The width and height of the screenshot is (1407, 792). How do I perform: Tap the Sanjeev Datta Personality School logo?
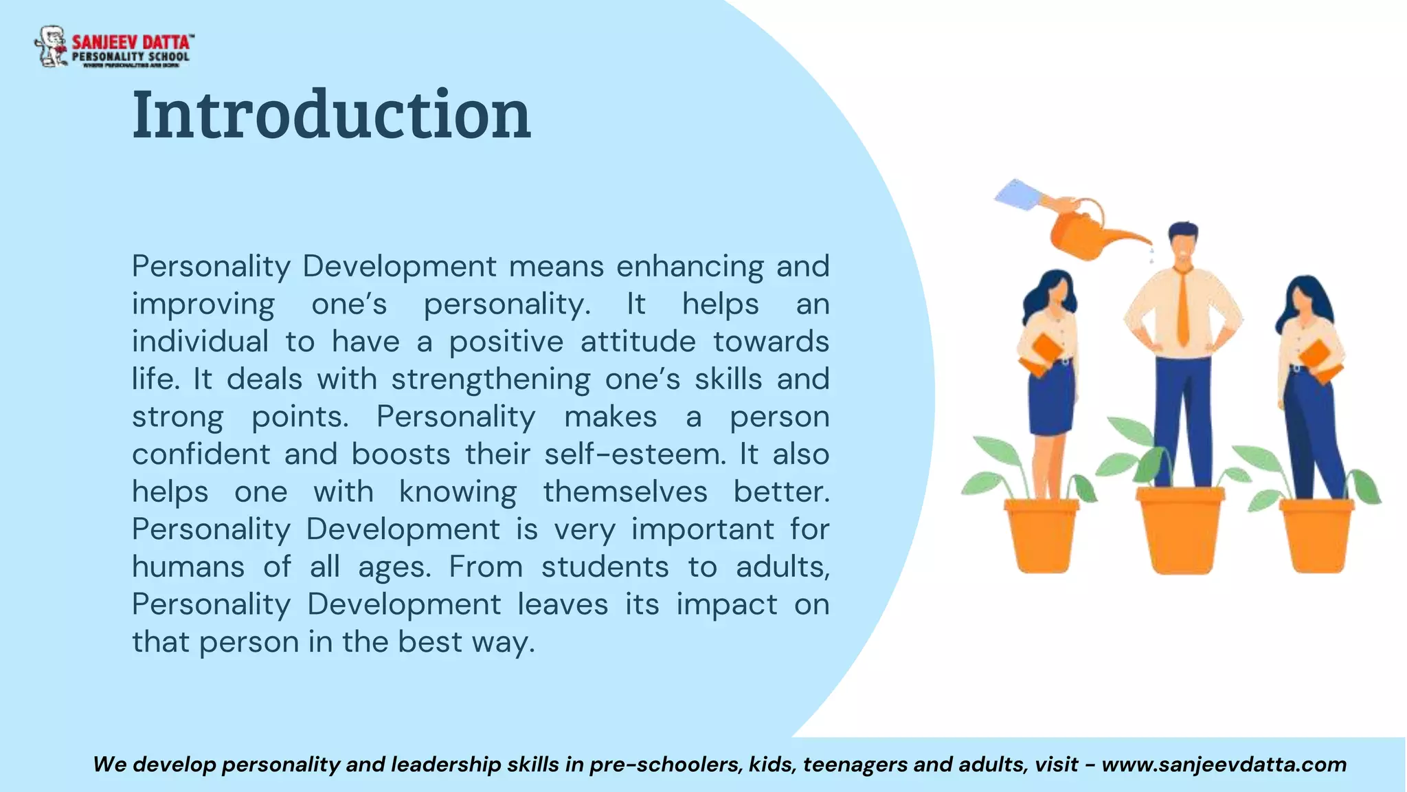tap(113, 47)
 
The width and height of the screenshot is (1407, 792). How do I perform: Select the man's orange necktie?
tap(1182, 307)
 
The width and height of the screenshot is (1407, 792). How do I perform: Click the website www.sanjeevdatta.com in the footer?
tap(1224, 764)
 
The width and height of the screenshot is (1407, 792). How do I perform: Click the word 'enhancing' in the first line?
tap(690, 267)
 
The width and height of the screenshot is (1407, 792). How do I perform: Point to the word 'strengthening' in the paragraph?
tap(491, 379)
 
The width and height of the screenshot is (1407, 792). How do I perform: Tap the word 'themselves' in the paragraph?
tap(625, 492)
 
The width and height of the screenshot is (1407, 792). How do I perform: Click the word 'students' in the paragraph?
tap(605, 567)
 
